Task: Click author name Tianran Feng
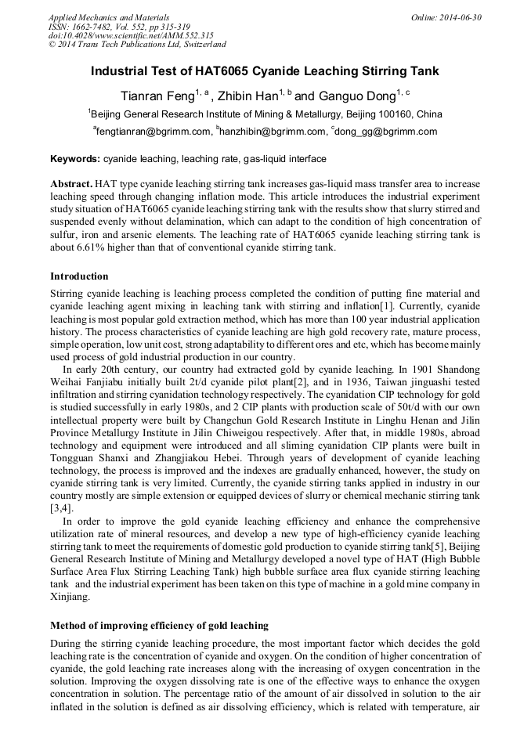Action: pyautogui.click(x=156, y=96)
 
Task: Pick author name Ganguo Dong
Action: pyautogui.click(x=354, y=96)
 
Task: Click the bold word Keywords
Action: pyautogui.click(x=75, y=159)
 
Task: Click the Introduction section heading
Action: pyautogui.click(x=79, y=276)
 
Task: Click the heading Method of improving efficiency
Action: pyautogui.click(x=159, y=626)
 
